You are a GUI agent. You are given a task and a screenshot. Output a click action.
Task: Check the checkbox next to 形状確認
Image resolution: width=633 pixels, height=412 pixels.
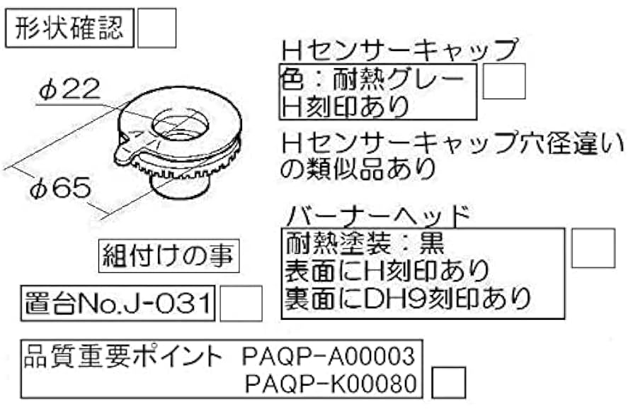pyautogui.click(x=156, y=28)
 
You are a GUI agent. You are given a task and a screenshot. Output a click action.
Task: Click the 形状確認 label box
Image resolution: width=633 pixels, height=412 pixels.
pyautogui.click(x=69, y=29)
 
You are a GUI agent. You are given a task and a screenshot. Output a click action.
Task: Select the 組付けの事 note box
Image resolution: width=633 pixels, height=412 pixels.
pyautogui.click(x=168, y=254)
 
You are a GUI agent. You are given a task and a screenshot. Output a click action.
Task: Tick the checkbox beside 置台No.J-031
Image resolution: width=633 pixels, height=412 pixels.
pyautogui.click(x=241, y=304)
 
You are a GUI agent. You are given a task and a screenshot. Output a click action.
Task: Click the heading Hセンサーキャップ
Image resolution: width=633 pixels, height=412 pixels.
pyautogui.click(x=399, y=50)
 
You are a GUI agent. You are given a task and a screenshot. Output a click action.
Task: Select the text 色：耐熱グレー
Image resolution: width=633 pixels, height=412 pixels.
pyautogui.click(x=373, y=78)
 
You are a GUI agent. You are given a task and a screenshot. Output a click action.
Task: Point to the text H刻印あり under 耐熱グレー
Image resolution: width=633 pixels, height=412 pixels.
pyautogui.click(x=346, y=105)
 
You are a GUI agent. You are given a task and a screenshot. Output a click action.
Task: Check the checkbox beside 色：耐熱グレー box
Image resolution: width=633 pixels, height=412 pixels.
pyautogui.click(x=503, y=81)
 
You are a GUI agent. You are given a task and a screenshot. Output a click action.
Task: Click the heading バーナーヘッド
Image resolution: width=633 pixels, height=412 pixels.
pyautogui.click(x=380, y=214)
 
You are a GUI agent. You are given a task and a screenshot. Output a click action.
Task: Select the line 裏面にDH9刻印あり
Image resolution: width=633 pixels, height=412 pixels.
pyautogui.click(x=408, y=299)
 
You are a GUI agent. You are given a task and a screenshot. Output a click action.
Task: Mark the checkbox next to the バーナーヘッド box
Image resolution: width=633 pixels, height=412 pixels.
pyautogui.click(x=593, y=247)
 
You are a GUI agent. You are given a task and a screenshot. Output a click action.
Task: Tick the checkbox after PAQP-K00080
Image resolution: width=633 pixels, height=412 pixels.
pyautogui.click(x=448, y=382)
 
